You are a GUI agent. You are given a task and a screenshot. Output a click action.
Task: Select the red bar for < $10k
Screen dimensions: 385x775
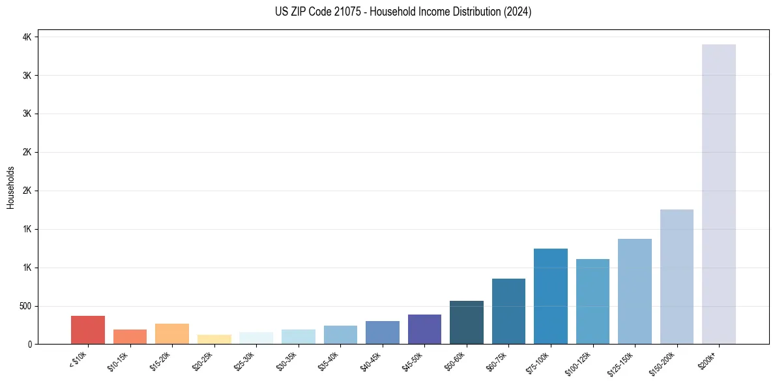pos(88,330)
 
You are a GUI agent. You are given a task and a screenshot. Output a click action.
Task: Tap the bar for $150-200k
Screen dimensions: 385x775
pos(677,277)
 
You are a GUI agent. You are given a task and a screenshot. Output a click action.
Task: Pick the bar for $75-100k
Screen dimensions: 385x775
pos(551,296)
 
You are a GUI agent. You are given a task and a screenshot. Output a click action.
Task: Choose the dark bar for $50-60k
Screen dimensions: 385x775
pos(467,322)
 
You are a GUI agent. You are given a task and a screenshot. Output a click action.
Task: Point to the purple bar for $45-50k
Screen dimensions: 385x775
pos(424,329)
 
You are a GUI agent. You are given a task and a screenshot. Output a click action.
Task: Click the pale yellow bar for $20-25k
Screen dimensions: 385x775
pos(214,339)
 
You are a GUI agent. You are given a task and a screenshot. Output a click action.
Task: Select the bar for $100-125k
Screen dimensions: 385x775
pos(592,301)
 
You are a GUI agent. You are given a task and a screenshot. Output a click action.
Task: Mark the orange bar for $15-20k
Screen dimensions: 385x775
pos(172,333)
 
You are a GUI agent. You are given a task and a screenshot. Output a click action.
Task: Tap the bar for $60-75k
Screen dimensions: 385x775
pos(508,311)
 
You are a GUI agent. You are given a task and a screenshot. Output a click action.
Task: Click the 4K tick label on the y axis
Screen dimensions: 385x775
pos(27,37)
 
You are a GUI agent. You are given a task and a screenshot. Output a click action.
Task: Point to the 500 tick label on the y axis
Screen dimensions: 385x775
pos(24,306)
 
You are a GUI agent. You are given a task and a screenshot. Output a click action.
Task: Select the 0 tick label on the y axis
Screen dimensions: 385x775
pos(29,344)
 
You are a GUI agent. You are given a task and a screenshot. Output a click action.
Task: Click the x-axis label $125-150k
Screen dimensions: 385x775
pos(621,363)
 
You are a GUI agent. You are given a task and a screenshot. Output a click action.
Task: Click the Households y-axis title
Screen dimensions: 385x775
pos(10,187)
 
